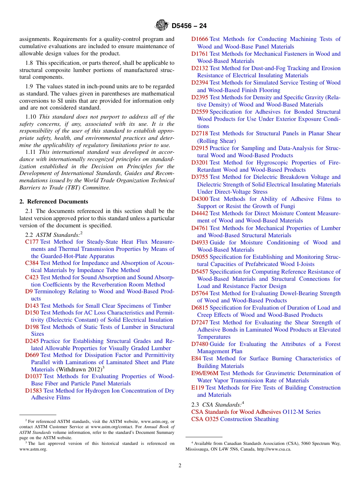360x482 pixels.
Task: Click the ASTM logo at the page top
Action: (x=162, y=25)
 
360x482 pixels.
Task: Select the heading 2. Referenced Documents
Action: (x=54, y=202)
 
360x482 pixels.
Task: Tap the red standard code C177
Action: (x=32, y=242)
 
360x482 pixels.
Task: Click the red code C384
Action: (x=32, y=263)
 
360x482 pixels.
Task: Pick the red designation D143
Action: (x=32, y=306)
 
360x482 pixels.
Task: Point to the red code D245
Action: (x=32, y=341)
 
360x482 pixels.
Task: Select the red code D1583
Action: (x=33, y=391)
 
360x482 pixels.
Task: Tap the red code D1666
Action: (x=199, y=39)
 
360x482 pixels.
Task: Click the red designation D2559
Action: (x=199, y=112)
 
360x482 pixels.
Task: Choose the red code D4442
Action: (x=199, y=213)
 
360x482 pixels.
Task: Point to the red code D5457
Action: (x=199, y=272)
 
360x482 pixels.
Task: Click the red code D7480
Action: (x=199, y=344)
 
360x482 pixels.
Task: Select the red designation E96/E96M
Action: (x=205, y=373)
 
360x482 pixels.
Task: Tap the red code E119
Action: (x=197, y=388)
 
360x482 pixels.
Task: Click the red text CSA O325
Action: (x=205, y=419)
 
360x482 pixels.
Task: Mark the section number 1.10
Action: (x=31, y=117)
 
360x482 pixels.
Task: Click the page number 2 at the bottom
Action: (x=180, y=466)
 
